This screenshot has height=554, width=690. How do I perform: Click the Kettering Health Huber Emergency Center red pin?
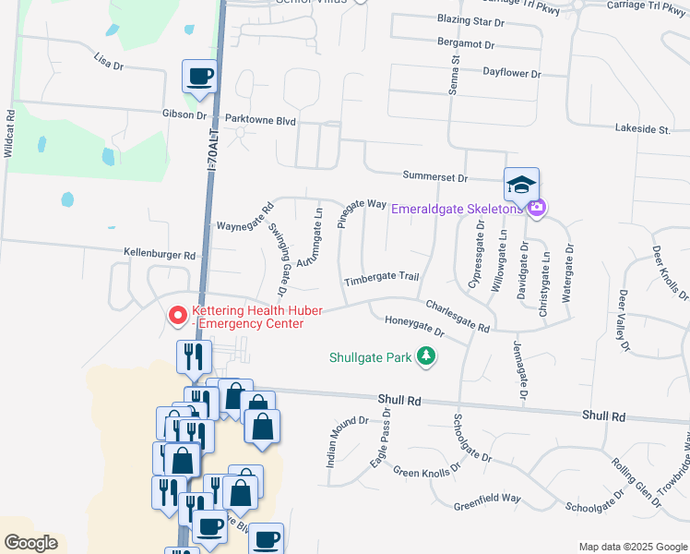tap(176, 316)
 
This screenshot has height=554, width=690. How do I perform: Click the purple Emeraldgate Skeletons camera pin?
tap(536, 208)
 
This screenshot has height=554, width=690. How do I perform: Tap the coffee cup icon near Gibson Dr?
tap(199, 78)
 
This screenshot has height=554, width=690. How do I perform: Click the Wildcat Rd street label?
tap(10, 135)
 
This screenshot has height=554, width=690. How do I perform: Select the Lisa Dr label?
tap(108, 63)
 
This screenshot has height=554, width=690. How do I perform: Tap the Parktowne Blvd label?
tap(259, 120)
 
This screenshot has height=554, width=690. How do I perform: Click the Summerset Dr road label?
tap(435, 176)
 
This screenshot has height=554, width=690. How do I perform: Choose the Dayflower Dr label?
tap(511, 72)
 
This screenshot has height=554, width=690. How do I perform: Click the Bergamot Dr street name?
tap(466, 44)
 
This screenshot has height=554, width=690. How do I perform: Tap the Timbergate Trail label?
tap(382, 278)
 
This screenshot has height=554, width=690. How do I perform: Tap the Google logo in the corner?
tap(30, 543)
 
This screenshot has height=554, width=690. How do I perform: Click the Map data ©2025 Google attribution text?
tap(633, 547)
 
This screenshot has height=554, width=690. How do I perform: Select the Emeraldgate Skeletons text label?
tap(456, 209)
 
